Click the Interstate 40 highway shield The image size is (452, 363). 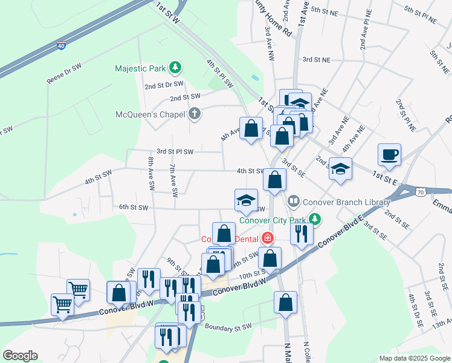coord(61,45)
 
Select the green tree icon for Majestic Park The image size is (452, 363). coord(175,67)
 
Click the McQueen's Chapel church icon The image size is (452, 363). coord(194,113)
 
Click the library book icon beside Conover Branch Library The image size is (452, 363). coord(294,200)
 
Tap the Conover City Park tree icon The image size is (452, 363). coord(314,219)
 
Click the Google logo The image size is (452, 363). coord(20,356)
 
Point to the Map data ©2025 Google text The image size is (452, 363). coord(414,358)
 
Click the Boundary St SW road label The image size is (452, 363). coord(227,327)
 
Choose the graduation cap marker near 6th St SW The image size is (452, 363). coord(246,200)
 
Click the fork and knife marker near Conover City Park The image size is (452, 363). coord(301,233)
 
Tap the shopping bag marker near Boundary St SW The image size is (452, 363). coord(285,302)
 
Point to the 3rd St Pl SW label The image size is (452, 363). coord(175,151)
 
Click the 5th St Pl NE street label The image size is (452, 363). coord(421,15)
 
